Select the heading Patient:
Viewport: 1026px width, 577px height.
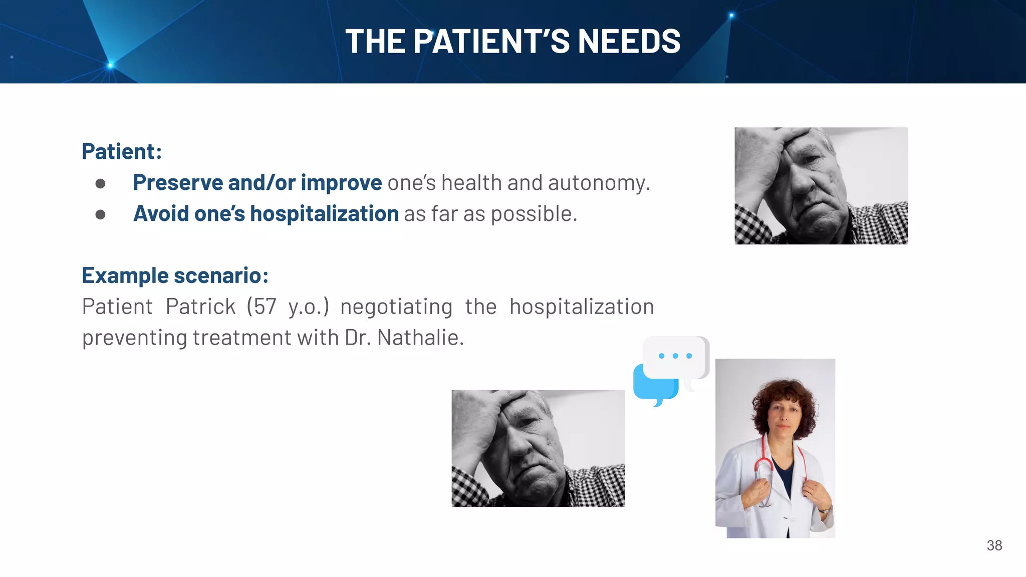[122, 151]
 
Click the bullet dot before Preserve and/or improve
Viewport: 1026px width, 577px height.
[100, 184]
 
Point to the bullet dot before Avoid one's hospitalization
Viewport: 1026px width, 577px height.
[100, 215]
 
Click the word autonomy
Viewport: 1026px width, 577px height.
[599, 183]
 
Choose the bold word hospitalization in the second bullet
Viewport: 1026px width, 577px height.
[324, 214]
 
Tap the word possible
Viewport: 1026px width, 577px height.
[534, 214]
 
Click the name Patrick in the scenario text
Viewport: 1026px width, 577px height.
[200, 307]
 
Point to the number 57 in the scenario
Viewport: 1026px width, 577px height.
[265, 307]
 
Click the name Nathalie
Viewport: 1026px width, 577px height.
[420, 338]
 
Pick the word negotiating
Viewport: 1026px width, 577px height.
[396, 307]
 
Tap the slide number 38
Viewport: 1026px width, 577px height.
[994, 545]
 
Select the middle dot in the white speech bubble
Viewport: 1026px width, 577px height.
[675, 356]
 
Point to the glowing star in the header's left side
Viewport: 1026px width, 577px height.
[111, 65]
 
